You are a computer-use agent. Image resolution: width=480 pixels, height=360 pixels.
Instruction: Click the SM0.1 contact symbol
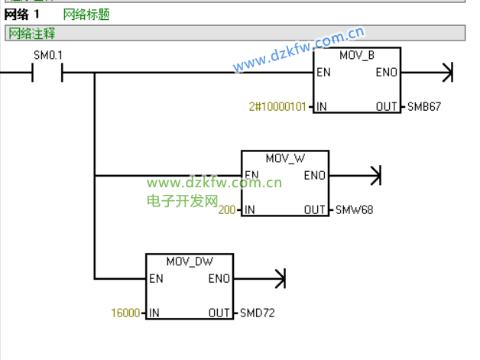coord(47,73)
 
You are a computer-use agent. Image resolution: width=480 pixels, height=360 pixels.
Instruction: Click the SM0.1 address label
coord(48,56)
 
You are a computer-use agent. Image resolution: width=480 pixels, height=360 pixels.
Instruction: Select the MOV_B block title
coord(357,55)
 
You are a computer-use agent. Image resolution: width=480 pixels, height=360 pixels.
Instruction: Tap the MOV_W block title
coord(284,158)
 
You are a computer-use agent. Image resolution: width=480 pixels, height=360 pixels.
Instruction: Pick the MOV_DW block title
coord(189,261)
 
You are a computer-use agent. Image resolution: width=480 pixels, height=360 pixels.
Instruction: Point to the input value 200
coord(227,209)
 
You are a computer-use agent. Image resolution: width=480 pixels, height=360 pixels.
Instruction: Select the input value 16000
coord(125,313)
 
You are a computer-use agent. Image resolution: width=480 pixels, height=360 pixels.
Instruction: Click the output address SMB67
coord(424,107)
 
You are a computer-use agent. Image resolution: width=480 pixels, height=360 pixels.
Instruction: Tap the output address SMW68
coord(354,209)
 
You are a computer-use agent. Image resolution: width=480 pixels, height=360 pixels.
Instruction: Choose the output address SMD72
coord(258,313)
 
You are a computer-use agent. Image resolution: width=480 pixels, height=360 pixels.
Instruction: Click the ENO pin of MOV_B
coord(386,73)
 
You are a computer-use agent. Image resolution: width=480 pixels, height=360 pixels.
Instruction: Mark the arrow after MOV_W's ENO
coord(374,176)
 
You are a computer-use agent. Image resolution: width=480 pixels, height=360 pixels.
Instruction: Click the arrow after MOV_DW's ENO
coord(278,279)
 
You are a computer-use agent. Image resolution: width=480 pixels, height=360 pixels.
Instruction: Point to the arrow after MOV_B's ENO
coord(447,73)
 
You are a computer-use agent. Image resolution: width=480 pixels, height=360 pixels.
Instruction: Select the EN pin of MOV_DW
coord(157,279)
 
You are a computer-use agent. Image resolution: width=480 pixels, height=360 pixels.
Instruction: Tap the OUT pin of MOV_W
coord(315,209)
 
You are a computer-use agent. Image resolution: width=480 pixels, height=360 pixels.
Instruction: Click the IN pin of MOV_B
coord(322,107)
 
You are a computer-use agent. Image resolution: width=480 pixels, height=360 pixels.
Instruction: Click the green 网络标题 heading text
coord(86,15)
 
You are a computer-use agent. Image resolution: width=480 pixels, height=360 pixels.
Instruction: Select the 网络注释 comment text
coord(32,34)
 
